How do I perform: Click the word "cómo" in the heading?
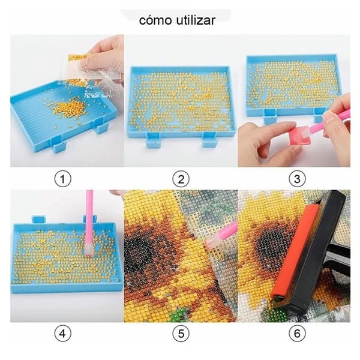(x=155, y=20)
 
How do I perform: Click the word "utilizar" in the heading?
(x=196, y=20)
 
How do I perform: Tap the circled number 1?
(x=63, y=179)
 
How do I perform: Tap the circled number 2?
(x=181, y=179)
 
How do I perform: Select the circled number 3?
(x=297, y=179)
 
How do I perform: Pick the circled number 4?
(x=63, y=334)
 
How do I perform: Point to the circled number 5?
(x=181, y=334)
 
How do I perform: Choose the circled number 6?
(x=297, y=334)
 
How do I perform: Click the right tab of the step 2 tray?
(x=209, y=140)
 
